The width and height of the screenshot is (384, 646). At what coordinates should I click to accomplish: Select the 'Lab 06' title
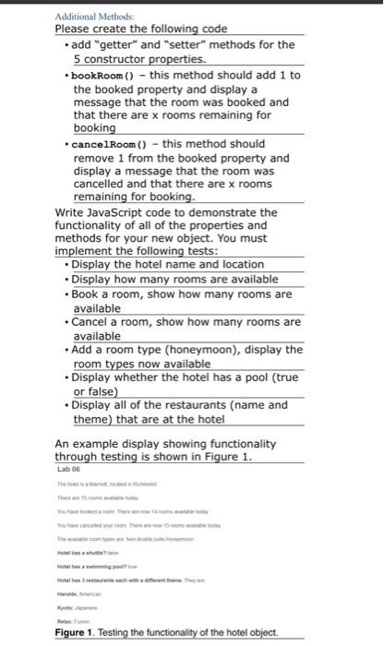(x=69, y=469)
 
